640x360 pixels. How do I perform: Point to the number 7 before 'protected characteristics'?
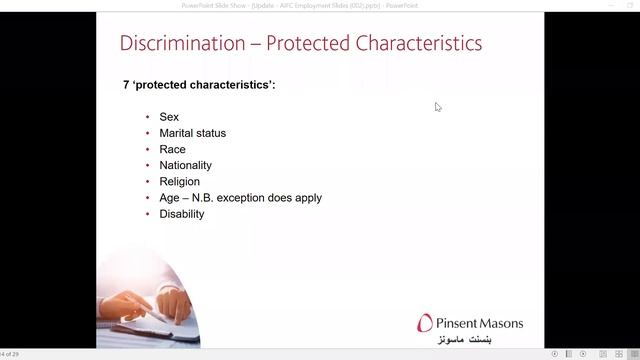tap(126, 85)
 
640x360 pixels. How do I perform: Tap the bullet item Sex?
tap(169, 117)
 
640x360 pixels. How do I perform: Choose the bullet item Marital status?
tap(192, 133)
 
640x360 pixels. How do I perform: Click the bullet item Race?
tap(172, 149)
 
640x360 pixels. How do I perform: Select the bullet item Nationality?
tap(185, 165)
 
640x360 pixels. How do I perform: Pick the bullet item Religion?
tap(179, 182)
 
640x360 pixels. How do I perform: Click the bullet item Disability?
tap(181, 214)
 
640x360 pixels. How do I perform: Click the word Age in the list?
tap(169, 198)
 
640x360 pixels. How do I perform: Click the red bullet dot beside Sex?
tap(148, 117)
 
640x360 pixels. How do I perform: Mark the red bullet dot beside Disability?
tap(148, 214)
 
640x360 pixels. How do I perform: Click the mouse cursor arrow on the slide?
tap(438, 107)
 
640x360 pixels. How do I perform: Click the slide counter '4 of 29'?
tap(10, 354)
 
